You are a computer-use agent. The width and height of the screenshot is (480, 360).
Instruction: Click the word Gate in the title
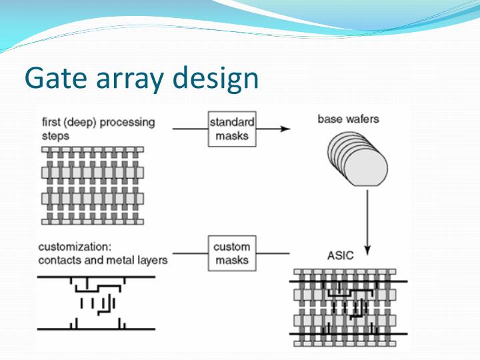[x=53, y=78]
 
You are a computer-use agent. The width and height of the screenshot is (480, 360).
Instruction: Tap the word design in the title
[x=215, y=78]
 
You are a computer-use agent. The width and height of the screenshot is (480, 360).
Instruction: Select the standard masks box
[x=232, y=129]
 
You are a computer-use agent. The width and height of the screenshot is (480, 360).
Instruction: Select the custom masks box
[x=231, y=253]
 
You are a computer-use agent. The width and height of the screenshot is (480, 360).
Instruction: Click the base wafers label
[x=348, y=120]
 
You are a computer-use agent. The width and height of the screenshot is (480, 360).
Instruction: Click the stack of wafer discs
[x=357, y=160]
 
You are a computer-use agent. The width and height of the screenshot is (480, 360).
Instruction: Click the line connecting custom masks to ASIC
[x=273, y=253]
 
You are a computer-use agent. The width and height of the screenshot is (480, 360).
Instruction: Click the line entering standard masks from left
[x=191, y=129]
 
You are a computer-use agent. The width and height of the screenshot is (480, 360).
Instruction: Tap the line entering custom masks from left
[x=191, y=253]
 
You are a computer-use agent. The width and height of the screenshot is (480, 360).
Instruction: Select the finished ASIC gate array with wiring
[x=348, y=307]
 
